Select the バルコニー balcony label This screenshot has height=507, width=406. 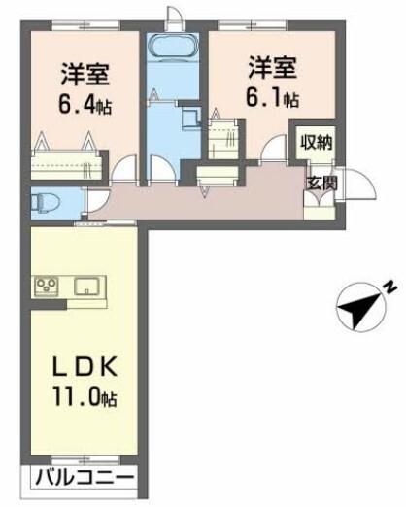pyautogui.click(x=85, y=477)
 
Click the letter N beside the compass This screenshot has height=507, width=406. pyautogui.click(x=387, y=287)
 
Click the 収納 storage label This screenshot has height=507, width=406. pyautogui.click(x=316, y=142)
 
